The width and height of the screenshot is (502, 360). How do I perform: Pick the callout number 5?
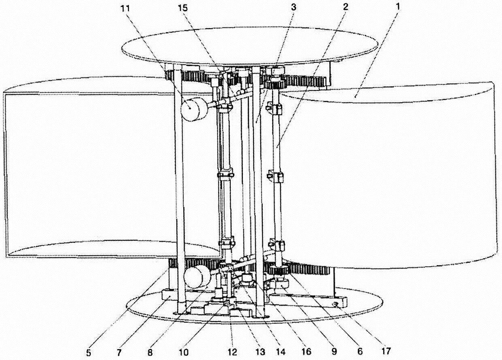(88, 352)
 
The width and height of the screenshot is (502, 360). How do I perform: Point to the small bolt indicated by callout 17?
(335, 304)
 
